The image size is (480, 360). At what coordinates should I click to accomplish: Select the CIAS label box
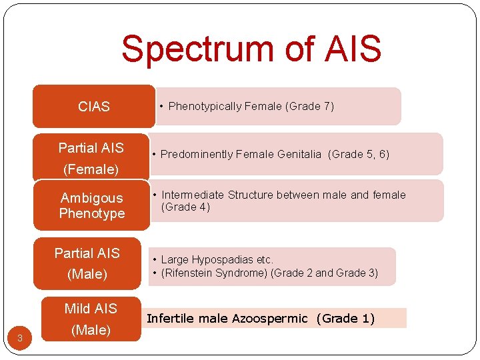[93, 107]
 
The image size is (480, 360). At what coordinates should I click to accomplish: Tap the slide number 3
[20, 339]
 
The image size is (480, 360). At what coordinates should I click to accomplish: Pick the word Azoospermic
[270, 319]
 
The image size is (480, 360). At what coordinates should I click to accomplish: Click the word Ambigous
[92, 198]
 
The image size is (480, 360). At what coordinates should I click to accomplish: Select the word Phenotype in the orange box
[92, 213]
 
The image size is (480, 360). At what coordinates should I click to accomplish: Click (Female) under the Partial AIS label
[91, 169]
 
